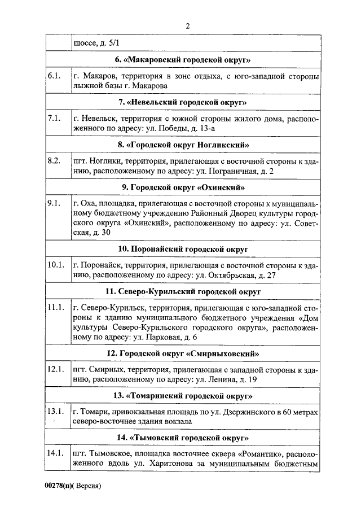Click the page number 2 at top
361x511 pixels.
[187, 25]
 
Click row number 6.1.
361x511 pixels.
[54, 76]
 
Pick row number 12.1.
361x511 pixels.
[56, 369]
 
